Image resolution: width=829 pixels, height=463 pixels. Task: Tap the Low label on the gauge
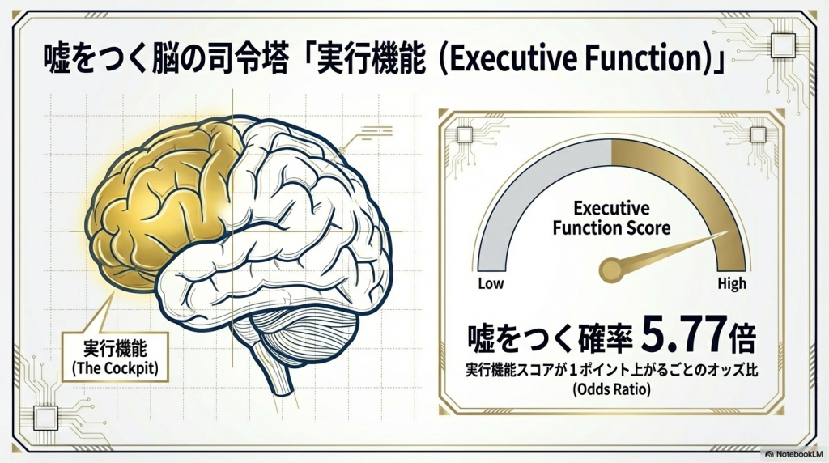coord(491,284)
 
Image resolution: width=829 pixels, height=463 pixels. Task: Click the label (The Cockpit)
coord(110,369)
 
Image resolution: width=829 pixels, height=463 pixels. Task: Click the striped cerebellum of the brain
coord(304,328)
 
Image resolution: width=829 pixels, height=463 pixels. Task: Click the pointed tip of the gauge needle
coord(716,237)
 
